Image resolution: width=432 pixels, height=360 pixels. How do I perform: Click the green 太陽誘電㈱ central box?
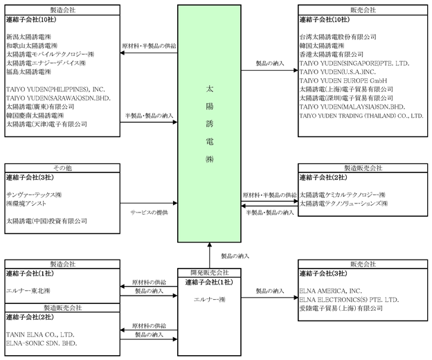210,124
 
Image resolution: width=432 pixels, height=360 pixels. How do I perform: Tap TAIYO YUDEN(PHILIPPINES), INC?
55,89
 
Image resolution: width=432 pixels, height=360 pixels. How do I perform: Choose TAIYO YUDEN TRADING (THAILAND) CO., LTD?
361,116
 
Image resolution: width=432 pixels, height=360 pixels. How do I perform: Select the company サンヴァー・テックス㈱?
34,195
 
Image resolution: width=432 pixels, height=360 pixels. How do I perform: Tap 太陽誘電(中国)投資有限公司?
46,221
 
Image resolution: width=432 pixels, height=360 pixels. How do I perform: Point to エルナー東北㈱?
28,291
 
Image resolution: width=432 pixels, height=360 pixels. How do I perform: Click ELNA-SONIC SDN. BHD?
41,343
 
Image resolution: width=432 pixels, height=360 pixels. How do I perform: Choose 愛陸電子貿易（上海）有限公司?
341,308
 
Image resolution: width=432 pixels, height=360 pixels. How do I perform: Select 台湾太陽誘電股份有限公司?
338,36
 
